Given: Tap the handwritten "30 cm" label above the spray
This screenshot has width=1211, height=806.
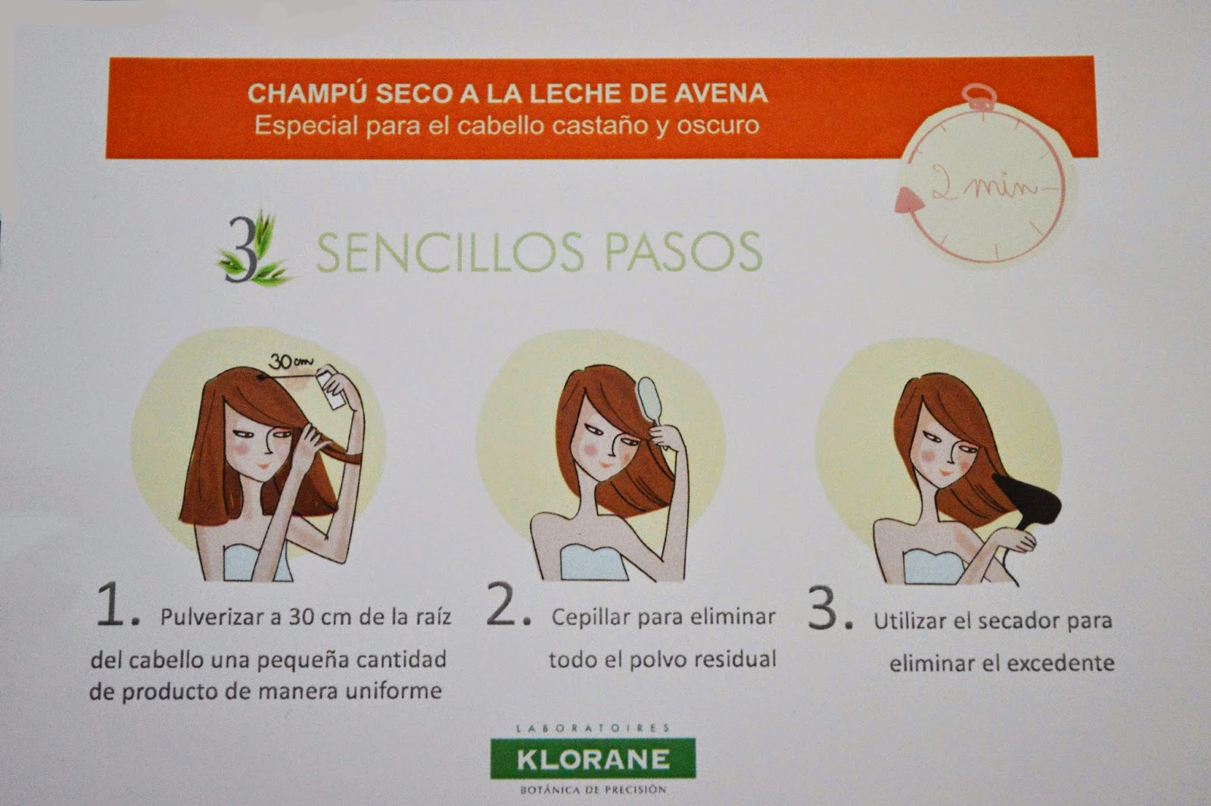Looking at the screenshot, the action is pos(291,362).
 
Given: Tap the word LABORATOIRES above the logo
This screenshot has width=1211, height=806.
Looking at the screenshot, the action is pos(593,728).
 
